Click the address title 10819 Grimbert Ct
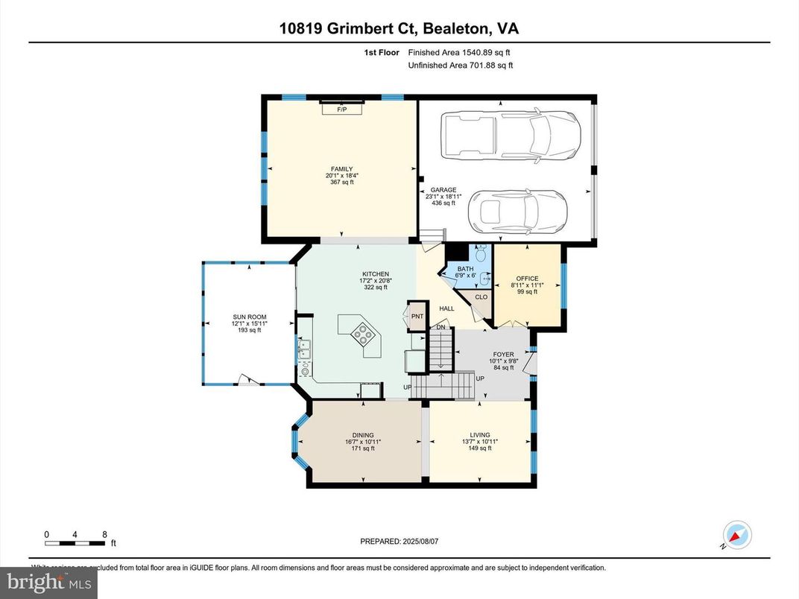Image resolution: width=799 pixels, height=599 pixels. pyautogui.click(x=399, y=29)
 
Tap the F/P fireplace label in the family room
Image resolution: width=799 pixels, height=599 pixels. pyautogui.click(x=342, y=110)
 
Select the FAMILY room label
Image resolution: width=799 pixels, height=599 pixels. pyautogui.click(x=342, y=169)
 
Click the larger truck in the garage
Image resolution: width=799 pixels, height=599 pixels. pyautogui.click(x=510, y=136)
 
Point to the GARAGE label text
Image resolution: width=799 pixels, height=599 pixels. pyautogui.click(x=443, y=190)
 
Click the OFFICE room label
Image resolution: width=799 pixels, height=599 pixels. pyautogui.click(x=527, y=279)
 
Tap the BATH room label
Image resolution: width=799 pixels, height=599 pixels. pyautogui.click(x=465, y=269)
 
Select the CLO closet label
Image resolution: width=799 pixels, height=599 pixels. pyautogui.click(x=481, y=297)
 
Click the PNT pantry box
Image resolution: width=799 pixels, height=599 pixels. pyautogui.click(x=417, y=317)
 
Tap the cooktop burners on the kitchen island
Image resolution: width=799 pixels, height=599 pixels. pyautogui.click(x=363, y=335)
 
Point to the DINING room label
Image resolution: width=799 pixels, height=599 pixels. pyautogui.click(x=363, y=435)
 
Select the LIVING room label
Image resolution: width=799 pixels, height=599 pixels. pyautogui.click(x=480, y=435)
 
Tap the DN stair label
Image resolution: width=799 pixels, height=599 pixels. pyautogui.click(x=440, y=328)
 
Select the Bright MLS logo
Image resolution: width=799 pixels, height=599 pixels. pyautogui.click(x=48, y=581)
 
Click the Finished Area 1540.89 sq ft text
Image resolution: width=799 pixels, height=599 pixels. pyautogui.click(x=459, y=52)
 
